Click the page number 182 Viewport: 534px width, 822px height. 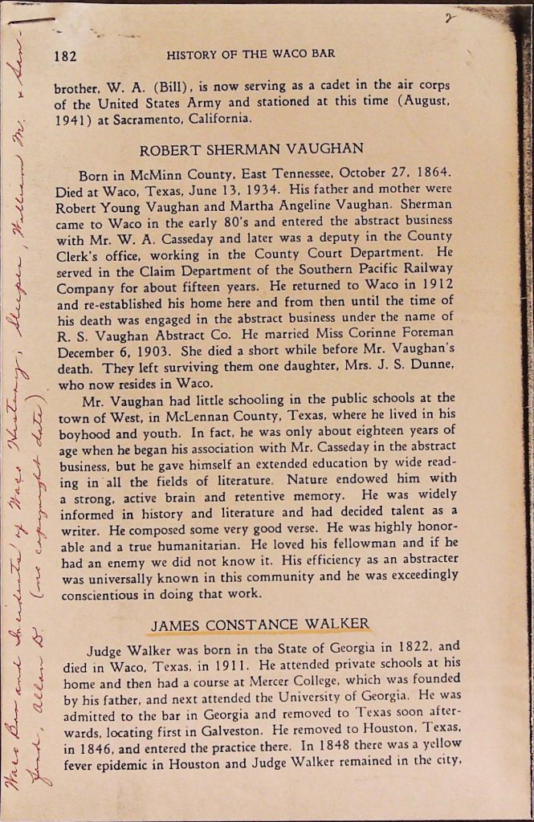[64, 55]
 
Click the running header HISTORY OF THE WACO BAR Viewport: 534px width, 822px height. [251, 55]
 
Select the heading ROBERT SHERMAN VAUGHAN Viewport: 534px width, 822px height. [251, 149]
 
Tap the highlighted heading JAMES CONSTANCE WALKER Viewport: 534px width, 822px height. [259, 624]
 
